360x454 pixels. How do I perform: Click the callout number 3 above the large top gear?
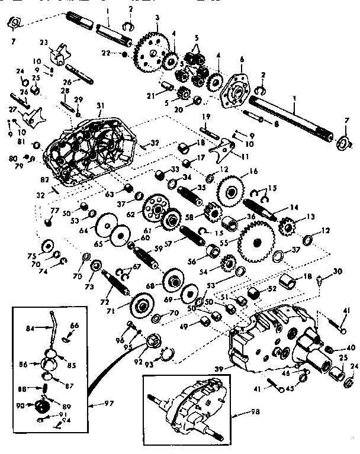tap(156, 18)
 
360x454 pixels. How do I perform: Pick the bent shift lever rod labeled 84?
tap(56, 328)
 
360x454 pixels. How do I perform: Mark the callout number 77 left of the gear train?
tap(54, 210)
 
